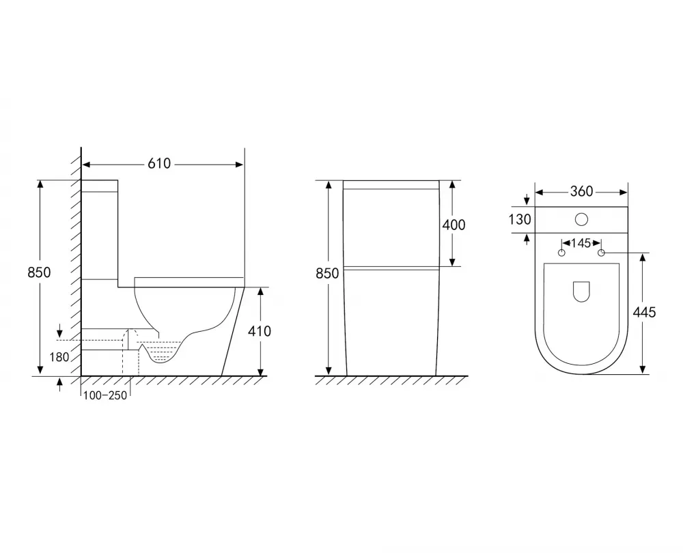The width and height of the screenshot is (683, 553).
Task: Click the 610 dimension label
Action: (159, 164)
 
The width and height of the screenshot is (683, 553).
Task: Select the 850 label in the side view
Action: (39, 272)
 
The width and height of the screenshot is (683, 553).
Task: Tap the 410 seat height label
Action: (259, 331)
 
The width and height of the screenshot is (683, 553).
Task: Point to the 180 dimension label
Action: (59, 357)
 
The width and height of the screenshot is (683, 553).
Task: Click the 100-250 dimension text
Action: (105, 395)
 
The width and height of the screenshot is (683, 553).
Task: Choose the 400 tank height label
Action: (454, 225)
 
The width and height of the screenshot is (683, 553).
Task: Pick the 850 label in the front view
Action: (327, 274)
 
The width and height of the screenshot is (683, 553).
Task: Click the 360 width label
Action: (581, 192)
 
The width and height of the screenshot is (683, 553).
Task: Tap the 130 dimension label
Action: (520, 219)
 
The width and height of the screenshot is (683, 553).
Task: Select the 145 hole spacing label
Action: (581, 243)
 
